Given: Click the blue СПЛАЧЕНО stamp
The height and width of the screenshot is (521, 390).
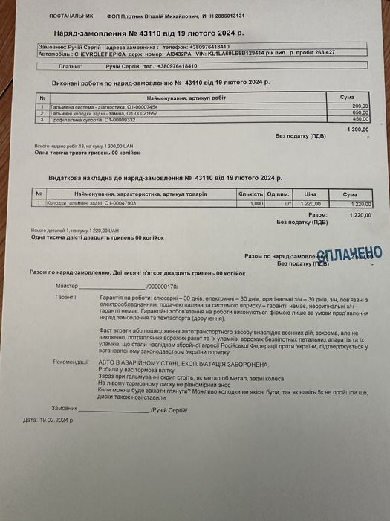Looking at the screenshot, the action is point(348,254).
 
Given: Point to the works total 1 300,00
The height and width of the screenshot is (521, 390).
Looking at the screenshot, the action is point(357,130).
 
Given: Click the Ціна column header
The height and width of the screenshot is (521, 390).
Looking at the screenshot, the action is point(311,194).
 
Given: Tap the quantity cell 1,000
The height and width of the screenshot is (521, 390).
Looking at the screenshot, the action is point(256,203).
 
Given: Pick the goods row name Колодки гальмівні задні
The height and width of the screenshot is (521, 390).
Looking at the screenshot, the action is point(82,203).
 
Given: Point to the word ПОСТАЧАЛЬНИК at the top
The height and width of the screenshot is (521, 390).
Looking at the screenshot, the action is point(71,16).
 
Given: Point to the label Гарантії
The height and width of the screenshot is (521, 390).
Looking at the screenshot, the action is point(66,297).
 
